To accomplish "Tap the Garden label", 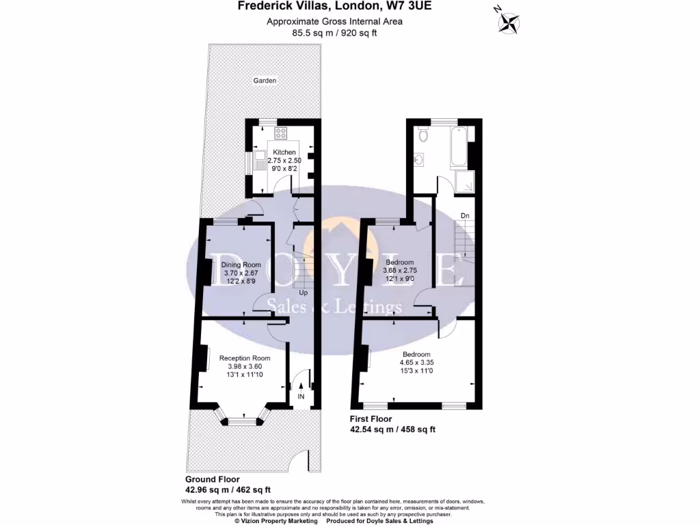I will click(x=265, y=81).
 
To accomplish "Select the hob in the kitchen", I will click(x=281, y=133).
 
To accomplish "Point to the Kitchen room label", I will click(x=284, y=152).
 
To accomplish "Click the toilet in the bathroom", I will click(x=424, y=134).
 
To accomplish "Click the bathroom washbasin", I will click(x=419, y=161).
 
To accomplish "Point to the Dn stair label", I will click(x=465, y=216).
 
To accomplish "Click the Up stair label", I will click(x=303, y=293).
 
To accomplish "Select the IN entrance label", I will click(x=301, y=396).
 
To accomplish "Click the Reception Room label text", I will click(x=245, y=358).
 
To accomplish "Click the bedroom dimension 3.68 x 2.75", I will click(x=400, y=270).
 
